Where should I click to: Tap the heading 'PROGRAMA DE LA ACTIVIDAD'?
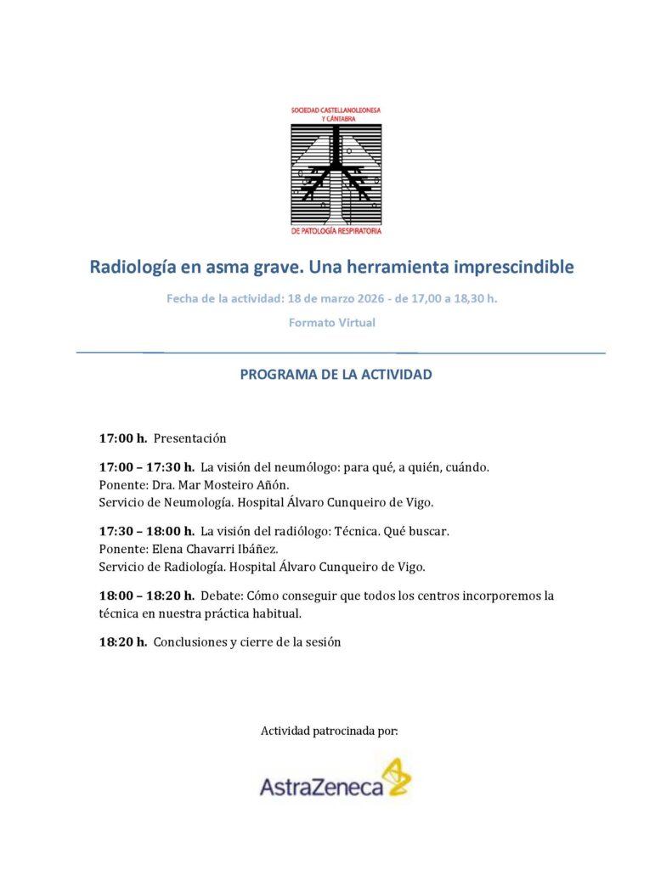(x=336, y=375)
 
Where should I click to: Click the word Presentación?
(x=190, y=438)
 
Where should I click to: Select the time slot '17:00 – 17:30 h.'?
(x=147, y=467)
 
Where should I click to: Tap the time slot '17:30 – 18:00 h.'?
(x=147, y=531)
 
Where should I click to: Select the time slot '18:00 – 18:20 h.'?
(x=147, y=596)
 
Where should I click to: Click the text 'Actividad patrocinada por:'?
(x=329, y=731)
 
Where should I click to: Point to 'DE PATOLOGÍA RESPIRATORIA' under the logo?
(x=336, y=231)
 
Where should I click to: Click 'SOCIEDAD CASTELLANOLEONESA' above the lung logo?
(x=336, y=111)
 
